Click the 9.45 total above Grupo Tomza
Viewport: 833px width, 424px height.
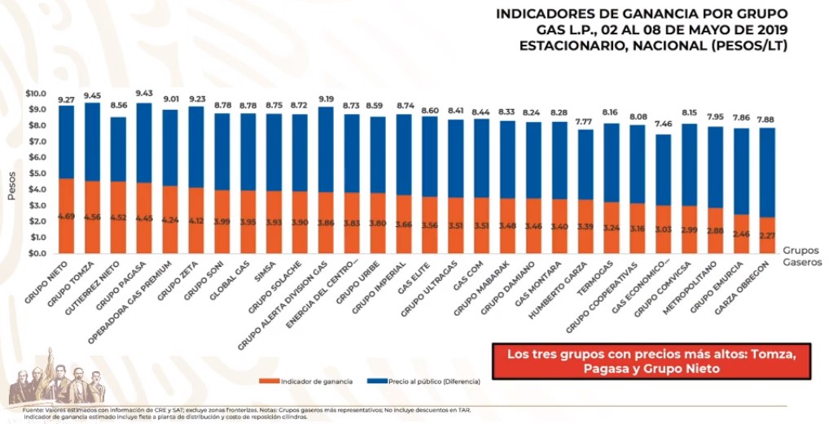click(x=92, y=94)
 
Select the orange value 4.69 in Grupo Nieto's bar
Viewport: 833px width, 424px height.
click(x=66, y=216)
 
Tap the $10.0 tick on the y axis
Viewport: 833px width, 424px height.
click(x=36, y=94)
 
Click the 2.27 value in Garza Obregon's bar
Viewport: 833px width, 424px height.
click(x=767, y=237)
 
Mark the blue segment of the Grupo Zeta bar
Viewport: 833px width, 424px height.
click(x=196, y=146)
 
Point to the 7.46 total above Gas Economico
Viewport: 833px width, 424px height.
click(x=664, y=125)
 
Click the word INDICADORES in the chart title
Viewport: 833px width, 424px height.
click(x=550, y=14)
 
